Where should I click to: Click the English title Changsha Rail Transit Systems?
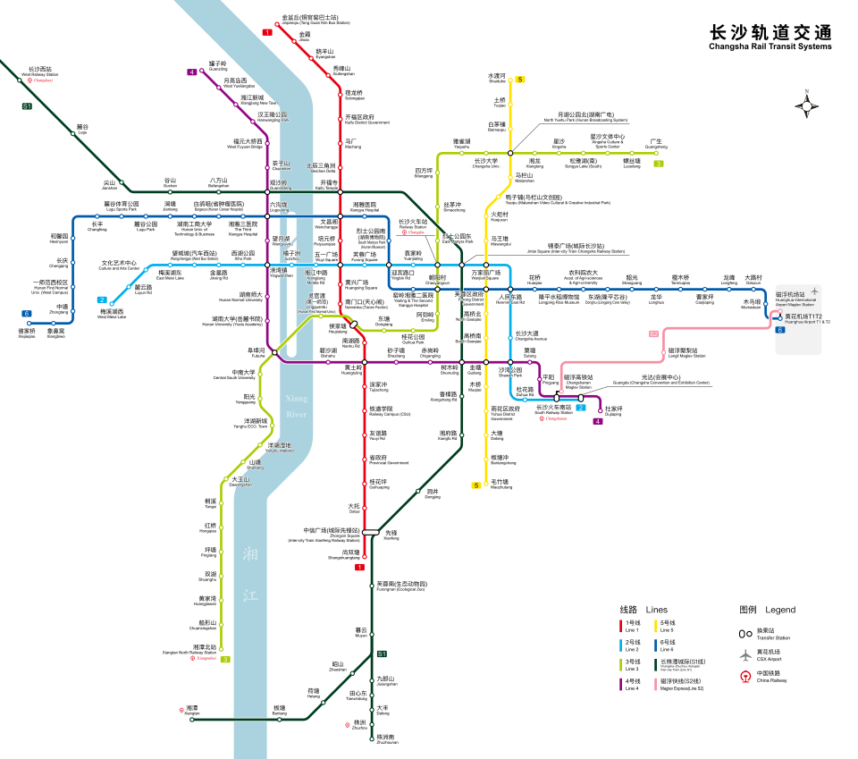pyautogui.click(x=770, y=46)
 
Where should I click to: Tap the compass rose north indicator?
pyautogui.click(x=808, y=105)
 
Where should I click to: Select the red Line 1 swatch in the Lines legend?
pyautogui.click(x=622, y=624)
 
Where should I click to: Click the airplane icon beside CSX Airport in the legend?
pyautogui.click(x=744, y=654)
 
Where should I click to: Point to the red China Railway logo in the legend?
pyautogui.click(x=744, y=677)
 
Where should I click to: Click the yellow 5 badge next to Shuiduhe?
pyautogui.click(x=520, y=80)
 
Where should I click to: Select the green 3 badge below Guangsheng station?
pyautogui.click(x=658, y=164)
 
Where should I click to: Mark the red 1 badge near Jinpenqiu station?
pyautogui.click(x=266, y=32)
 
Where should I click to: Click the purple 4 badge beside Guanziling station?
pyautogui.click(x=191, y=72)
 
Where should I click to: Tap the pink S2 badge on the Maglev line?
pyautogui.click(x=653, y=333)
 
